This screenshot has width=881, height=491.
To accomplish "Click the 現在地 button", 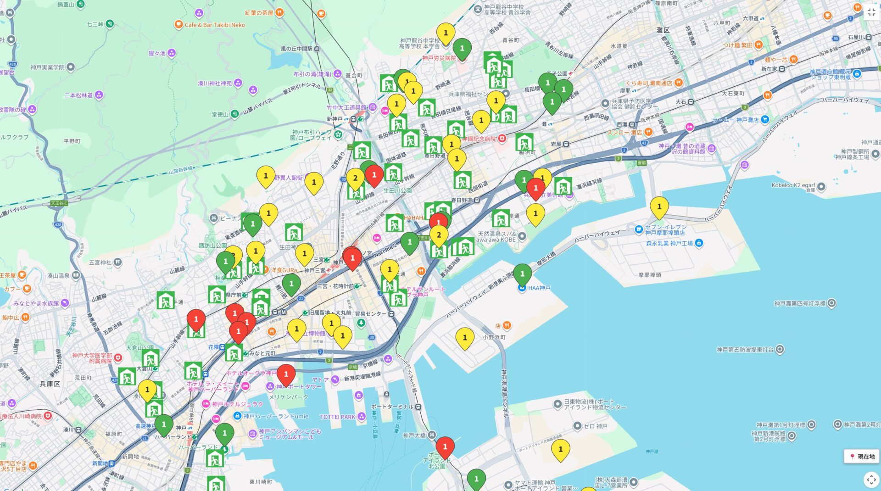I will [x=862, y=457].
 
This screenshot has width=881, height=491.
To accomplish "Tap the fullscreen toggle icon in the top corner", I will [x=871, y=12].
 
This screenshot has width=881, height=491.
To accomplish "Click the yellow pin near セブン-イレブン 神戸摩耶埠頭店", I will [x=659, y=207].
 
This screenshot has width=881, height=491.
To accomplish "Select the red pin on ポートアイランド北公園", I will [x=445, y=447].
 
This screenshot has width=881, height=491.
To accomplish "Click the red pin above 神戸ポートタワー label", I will [x=286, y=375].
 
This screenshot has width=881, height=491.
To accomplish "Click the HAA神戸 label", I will [x=539, y=288].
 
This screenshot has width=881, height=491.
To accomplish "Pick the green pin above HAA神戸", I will [x=522, y=274].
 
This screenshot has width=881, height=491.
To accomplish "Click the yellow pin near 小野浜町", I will [x=464, y=338].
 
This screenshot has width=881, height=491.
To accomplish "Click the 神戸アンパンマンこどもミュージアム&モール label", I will [x=290, y=434].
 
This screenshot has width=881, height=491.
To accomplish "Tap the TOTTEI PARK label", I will [x=338, y=417].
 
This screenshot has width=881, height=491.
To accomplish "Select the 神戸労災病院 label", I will [x=439, y=58].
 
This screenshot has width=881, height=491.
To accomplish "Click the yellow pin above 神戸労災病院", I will [x=445, y=33].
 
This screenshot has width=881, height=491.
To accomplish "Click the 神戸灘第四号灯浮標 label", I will [x=799, y=303].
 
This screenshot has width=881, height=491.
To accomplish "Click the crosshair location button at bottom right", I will [x=870, y=480].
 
